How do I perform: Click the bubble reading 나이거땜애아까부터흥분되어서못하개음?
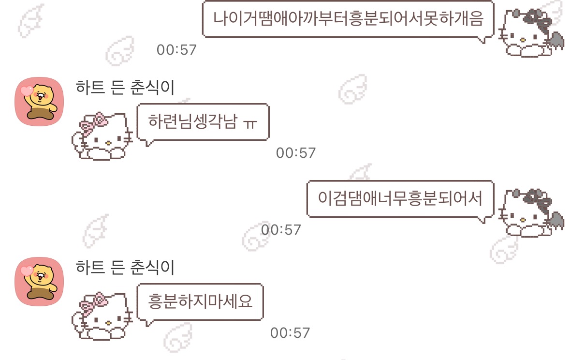pos(348,19)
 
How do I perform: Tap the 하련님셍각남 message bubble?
pos(202,121)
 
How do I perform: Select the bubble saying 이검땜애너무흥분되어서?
pos(400,199)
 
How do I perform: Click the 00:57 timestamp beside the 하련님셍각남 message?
pos(295,153)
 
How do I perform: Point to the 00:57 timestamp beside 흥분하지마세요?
pos(290,333)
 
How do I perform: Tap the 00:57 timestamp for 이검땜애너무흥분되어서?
pos(281,229)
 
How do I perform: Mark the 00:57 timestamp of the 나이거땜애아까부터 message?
pos(176,49)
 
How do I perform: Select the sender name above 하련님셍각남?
pos(125,87)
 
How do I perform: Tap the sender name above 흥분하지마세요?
pos(125,267)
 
